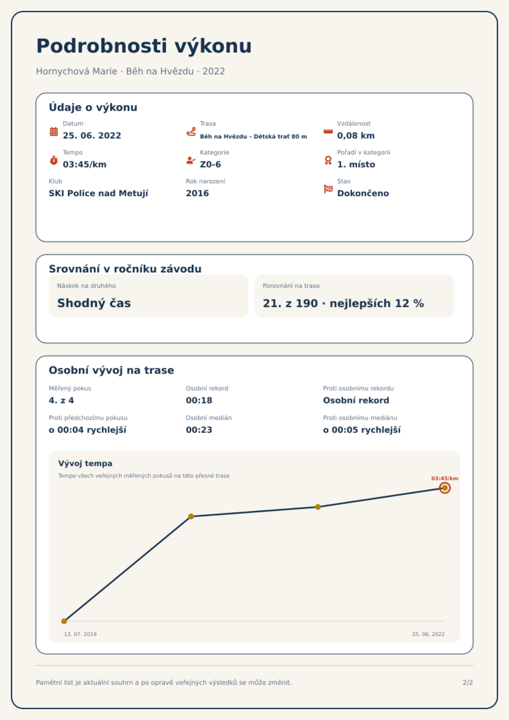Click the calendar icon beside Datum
(54, 131)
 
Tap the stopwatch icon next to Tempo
(54, 160)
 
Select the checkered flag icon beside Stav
(328, 189)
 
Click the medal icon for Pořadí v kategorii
(328, 160)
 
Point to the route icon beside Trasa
(191, 131)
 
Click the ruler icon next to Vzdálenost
(328, 131)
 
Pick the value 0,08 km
(356, 136)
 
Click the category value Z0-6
(210, 164)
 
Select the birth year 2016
(197, 193)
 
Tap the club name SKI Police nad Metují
(98, 193)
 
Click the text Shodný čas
(94, 303)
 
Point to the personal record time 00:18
(199, 400)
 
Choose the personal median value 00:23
(199, 430)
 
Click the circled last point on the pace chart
(445, 488)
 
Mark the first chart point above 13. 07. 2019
(64, 621)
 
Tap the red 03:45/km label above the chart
(445, 478)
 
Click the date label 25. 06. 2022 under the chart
(428, 634)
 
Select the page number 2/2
(468, 682)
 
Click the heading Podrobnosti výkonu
(144, 46)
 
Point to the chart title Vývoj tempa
(85, 464)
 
